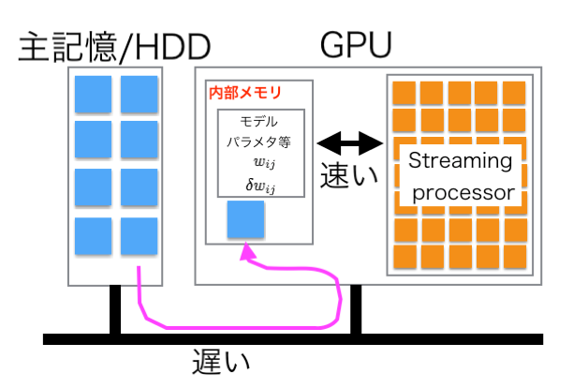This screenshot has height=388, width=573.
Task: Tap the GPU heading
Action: (356, 44)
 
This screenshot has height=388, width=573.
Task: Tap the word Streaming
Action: (461, 160)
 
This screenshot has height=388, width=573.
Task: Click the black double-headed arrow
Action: (351, 143)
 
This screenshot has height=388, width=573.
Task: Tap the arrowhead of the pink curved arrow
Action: (248, 251)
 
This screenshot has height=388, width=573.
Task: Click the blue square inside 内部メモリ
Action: (246, 219)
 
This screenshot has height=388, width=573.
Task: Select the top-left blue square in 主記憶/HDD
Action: (93, 94)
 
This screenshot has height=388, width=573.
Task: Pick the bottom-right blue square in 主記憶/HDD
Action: (140, 235)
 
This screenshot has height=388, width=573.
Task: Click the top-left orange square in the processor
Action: (404, 92)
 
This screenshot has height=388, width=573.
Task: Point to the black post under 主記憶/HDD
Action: (116, 309)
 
